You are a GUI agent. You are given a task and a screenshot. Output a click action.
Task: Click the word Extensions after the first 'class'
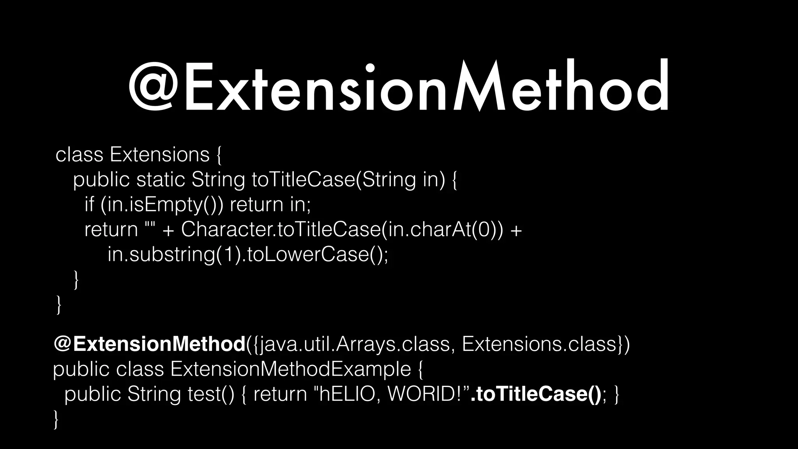coord(160,155)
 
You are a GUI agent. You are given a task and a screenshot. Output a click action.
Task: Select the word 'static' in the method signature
coord(161,180)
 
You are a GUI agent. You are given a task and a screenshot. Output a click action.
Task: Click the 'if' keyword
coord(89,204)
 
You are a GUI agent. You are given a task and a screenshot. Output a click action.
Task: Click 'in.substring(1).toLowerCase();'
coord(248,255)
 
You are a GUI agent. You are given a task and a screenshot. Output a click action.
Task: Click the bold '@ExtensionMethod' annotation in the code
coord(149,344)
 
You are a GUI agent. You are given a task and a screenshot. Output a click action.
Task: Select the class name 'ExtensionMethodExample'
coord(291,369)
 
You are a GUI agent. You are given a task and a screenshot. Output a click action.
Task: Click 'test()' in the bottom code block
coord(211,394)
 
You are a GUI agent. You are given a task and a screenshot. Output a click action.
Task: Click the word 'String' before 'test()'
coord(154,394)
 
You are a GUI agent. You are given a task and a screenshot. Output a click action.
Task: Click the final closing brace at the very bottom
coord(57,419)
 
